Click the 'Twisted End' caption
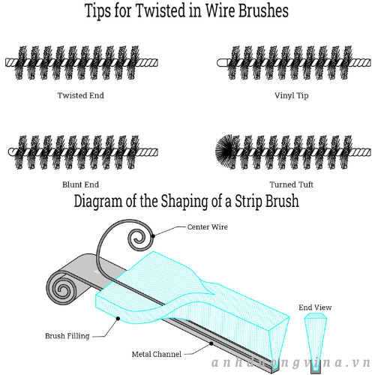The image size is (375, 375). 80,95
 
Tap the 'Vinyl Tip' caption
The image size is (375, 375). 292,95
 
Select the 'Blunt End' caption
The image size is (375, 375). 80,184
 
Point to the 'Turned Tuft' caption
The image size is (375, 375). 292,184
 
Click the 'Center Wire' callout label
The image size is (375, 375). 208,227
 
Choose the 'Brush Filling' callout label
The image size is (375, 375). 67,336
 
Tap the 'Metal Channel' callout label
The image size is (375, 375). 157,354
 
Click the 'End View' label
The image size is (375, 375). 315,307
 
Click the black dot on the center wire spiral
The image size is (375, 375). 153,235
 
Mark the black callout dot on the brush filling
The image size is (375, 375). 118,318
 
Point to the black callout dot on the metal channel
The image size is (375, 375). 211,343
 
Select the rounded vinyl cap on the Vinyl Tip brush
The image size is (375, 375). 223,62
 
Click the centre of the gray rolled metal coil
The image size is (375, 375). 62,290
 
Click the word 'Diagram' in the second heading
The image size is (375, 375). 97,202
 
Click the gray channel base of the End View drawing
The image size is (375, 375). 316,369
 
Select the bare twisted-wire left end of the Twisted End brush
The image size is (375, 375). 12,62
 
